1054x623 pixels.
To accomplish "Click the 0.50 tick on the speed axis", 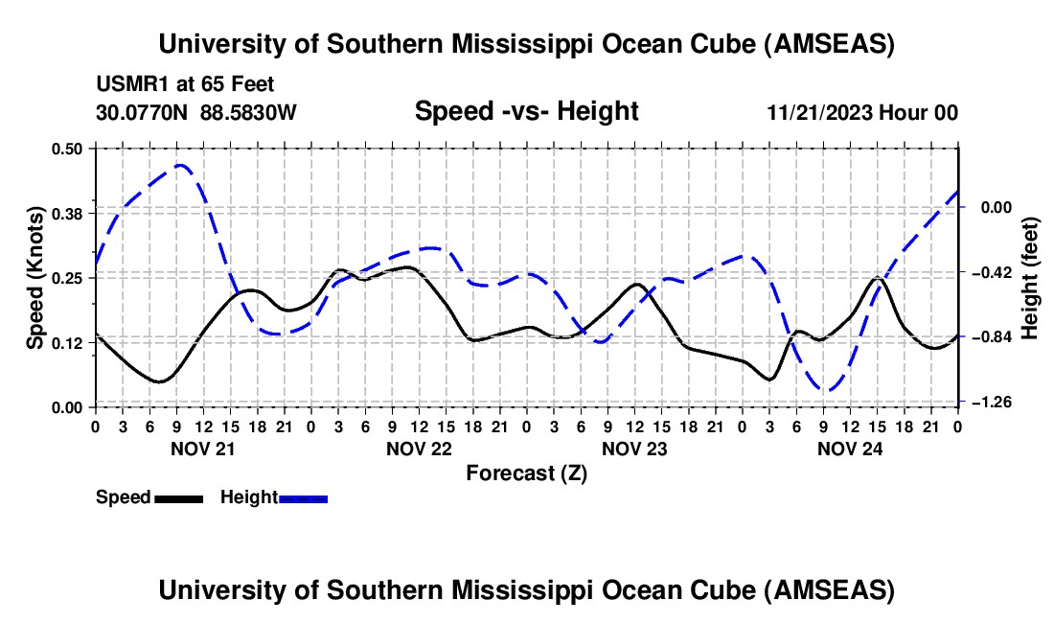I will (70, 149).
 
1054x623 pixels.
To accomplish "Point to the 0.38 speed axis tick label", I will (70, 213).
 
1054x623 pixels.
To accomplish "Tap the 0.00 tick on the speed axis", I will (70, 407).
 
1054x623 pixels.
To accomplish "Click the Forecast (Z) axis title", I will (526, 473).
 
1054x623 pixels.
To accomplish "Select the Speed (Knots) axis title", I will (35, 277).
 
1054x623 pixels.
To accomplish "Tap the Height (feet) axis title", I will (1030, 278).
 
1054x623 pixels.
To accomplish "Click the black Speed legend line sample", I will (177, 497).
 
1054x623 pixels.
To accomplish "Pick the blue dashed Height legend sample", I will (303, 497).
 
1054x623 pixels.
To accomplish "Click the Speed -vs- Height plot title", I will (526, 111).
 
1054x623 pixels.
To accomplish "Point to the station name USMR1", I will (129, 85).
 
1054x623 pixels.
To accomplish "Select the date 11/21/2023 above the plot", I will (819, 112).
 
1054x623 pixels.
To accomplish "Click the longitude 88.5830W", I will (249, 112).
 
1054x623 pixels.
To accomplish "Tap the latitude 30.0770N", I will (143, 112).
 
